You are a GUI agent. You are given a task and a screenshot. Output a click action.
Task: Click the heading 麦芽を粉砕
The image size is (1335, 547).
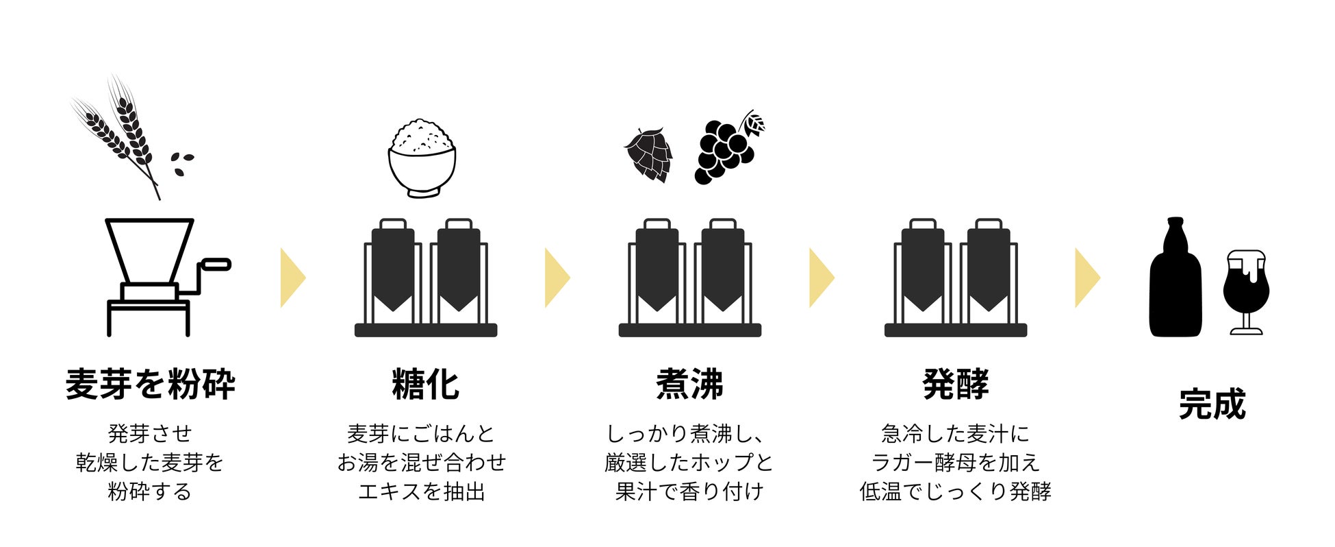(x=150, y=384)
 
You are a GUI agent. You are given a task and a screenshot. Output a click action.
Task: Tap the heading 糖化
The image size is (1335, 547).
(x=425, y=384)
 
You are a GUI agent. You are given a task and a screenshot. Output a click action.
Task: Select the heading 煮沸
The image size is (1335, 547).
(x=689, y=384)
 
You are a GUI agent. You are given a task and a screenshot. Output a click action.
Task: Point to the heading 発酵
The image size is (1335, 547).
(x=956, y=384)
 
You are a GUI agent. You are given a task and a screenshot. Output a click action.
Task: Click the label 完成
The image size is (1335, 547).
(x=1212, y=404)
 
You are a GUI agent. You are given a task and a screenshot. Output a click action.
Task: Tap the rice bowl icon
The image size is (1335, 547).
(x=422, y=160)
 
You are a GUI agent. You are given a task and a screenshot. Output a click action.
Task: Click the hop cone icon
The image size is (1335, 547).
(x=648, y=154)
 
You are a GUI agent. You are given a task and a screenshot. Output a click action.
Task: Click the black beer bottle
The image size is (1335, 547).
(x=1175, y=281)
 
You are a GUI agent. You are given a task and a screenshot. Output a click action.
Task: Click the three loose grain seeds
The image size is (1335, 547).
(x=182, y=163)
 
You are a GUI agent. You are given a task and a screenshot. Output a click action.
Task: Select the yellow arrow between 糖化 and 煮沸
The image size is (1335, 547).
(x=557, y=278)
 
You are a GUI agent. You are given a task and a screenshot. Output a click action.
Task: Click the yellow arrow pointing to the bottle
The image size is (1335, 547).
(x=1086, y=278)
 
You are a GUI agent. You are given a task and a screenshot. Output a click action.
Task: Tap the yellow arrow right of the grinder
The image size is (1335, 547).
(x=292, y=278)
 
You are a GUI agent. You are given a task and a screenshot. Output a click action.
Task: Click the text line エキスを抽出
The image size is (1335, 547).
(x=422, y=491)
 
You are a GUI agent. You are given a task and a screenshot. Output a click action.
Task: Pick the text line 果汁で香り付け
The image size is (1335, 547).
(x=689, y=491)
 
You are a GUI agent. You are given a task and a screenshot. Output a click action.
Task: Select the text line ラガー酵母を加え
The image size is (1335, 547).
(x=956, y=463)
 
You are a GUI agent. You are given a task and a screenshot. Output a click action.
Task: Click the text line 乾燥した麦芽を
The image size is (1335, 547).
(x=150, y=463)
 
